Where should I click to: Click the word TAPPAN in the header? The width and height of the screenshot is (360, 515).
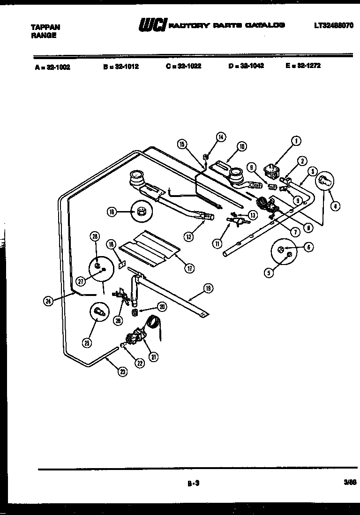pyautogui.click(x=45, y=27)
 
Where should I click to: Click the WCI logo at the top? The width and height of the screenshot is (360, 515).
pyautogui.click(x=152, y=26)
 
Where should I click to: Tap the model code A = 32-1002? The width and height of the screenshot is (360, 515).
pyautogui.click(x=52, y=67)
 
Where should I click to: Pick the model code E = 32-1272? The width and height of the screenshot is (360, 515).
pyautogui.click(x=303, y=66)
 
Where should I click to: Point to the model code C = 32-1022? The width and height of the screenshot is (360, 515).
pyautogui.click(x=183, y=67)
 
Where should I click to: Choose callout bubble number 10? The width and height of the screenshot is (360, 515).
pyautogui.click(x=241, y=146)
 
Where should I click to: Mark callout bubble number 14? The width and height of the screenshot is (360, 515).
pyautogui.click(x=220, y=137)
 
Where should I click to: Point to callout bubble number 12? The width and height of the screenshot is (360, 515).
pyautogui.click(x=188, y=237)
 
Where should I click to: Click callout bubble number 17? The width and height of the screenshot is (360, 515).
pyautogui.click(x=189, y=268)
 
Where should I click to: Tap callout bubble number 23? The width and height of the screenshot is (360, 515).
pyautogui.click(x=123, y=372)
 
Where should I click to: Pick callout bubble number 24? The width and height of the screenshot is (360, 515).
pyautogui.click(x=47, y=302)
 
